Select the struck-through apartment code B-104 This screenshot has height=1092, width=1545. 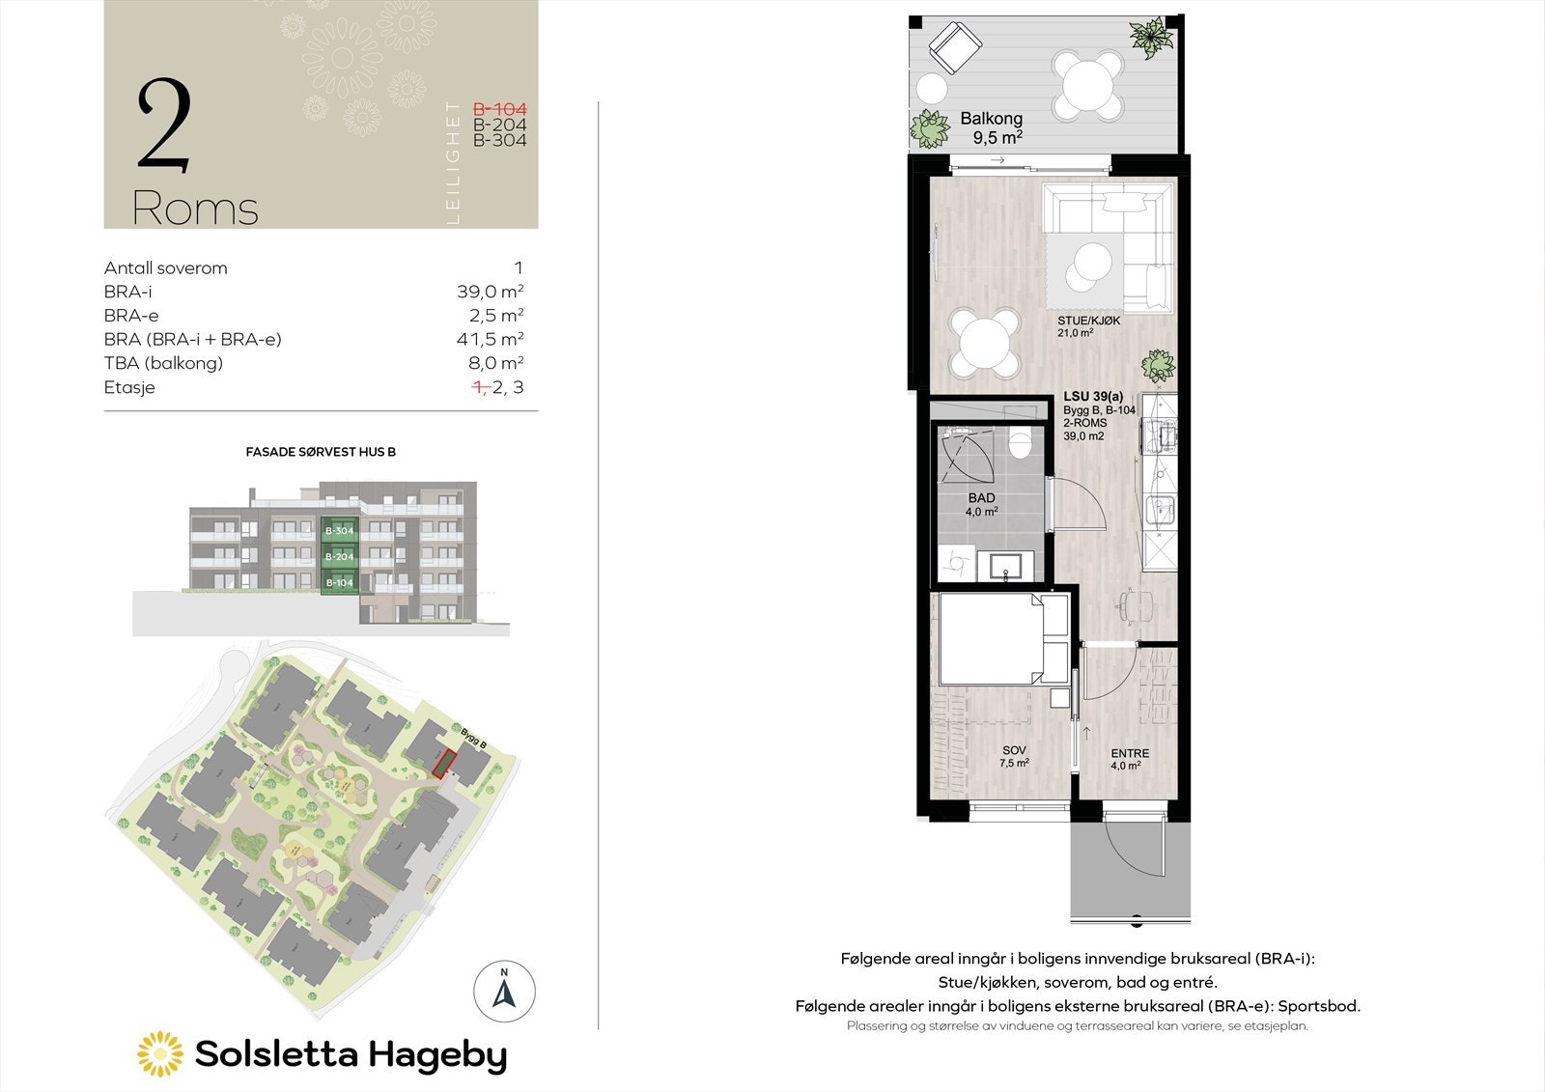[x=499, y=110]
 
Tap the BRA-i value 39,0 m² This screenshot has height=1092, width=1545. [x=490, y=292]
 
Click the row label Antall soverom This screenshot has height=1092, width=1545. [x=166, y=268]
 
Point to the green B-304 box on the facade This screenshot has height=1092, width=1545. [x=339, y=531]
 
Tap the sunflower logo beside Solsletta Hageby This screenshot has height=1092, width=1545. [x=160, y=1054]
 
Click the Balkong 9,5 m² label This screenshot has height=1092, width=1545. [x=992, y=127]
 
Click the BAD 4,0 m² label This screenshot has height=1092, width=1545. [x=981, y=505]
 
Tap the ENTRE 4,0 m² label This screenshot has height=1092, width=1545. [x=1129, y=760]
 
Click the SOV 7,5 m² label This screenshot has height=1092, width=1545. [x=1014, y=756]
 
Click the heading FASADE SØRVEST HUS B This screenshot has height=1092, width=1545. [x=321, y=452]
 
